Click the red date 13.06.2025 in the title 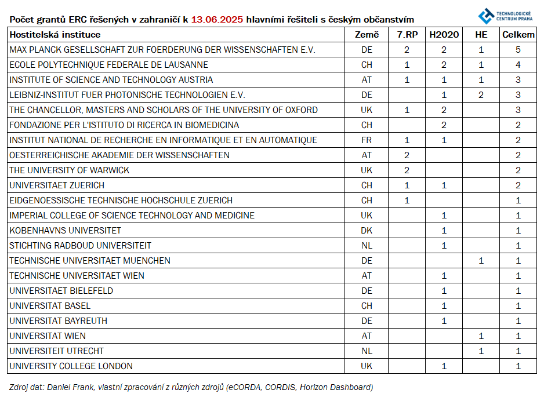216,20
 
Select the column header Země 367,35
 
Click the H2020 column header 444,35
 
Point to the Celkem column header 518,35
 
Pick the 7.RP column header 407,35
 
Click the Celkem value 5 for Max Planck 518,50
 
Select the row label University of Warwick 69,170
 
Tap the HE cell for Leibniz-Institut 481,95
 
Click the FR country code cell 367,140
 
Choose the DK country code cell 367,231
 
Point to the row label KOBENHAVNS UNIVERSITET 65,231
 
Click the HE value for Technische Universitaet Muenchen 481,261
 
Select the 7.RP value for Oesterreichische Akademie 407,155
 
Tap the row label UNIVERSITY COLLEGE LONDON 71,366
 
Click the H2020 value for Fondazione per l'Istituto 444,125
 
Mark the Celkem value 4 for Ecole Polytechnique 518,65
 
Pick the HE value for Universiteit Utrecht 481,351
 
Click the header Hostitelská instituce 55,35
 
